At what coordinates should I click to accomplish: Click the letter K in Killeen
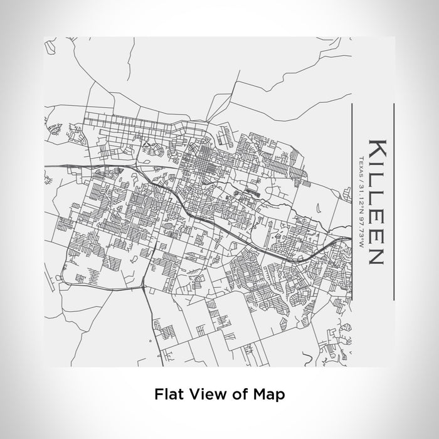pyautogui.click(x=374, y=149)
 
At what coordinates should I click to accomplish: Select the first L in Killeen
pyautogui.click(x=374, y=179)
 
